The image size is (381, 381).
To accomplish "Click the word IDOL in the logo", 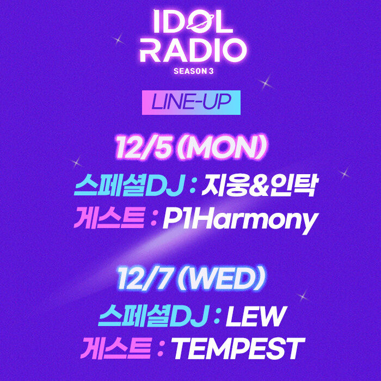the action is pos(193,22).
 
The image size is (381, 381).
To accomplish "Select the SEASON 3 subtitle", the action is pos(193,71).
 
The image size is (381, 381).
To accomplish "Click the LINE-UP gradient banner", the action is pos(191,102).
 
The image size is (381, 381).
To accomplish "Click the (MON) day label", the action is pos(222,148).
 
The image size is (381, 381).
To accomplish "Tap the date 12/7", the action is pos(145,278).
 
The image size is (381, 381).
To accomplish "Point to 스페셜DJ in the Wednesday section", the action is pos(153,316).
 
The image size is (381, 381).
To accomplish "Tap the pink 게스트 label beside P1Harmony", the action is pos(109,218).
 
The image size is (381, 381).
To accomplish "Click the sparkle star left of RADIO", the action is pos(118,40).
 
